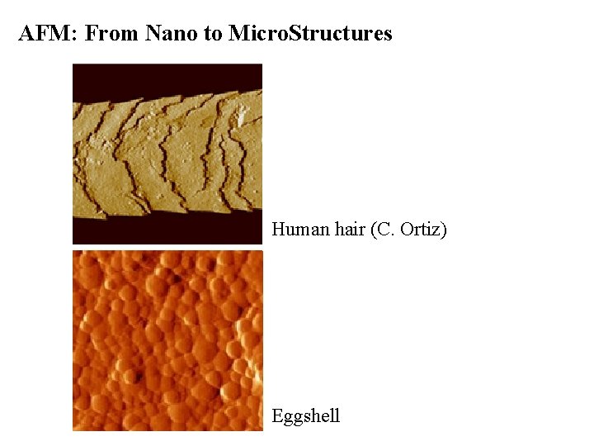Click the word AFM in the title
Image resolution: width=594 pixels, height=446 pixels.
click(x=46, y=34)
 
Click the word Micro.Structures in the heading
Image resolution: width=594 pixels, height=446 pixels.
click(x=310, y=34)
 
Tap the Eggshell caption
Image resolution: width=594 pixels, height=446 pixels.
click(x=306, y=416)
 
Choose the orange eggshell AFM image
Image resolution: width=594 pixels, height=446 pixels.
click(x=167, y=340)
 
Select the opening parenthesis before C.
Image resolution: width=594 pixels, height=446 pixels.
click(x=374, y=230)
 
